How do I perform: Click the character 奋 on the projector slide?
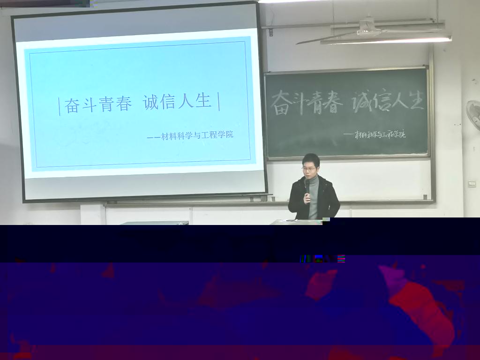[x=72, y=105]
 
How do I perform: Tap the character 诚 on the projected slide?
[x=150, y=102]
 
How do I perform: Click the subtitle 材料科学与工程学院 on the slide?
[x=197, y=135]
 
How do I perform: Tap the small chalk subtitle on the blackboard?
[x=375, y=134]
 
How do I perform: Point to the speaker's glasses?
[x=309, y=168]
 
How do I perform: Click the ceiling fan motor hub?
[x=368, y=29]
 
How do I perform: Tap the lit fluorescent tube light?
[x=386, y=40]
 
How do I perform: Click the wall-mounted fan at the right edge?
[x=473, y=115]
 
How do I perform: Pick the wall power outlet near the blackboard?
[x=472, y=184]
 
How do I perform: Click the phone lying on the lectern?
[x=291, y=220]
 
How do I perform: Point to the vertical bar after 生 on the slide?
[x=218, y=101]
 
